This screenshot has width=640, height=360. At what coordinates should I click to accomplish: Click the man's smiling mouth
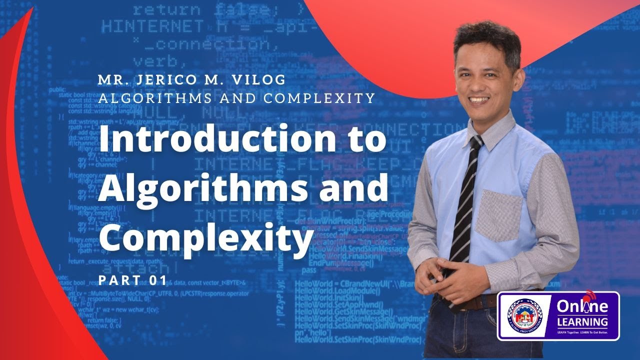tap(478, 99)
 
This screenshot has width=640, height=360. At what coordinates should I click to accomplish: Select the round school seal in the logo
tap(524, 316)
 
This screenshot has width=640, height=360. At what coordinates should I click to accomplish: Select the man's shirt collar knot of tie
tap(476, 142)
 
